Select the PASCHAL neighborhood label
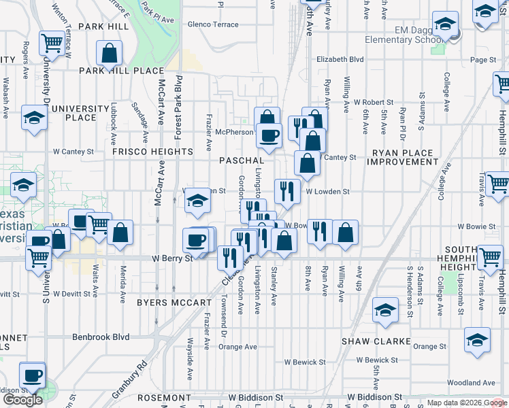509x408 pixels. click(x=242, y=160)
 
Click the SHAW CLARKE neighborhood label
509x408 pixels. click(x=376, y=341)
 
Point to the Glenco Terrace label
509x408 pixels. click(x=213, y=24)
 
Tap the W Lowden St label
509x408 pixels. click(x=327, y=192)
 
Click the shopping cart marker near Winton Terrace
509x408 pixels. click(x=51, y=44)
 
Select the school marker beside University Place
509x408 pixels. click(x=33, y=116)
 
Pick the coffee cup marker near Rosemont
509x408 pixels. click(x=32, y=374)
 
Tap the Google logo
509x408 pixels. click(x=22, y=400)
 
